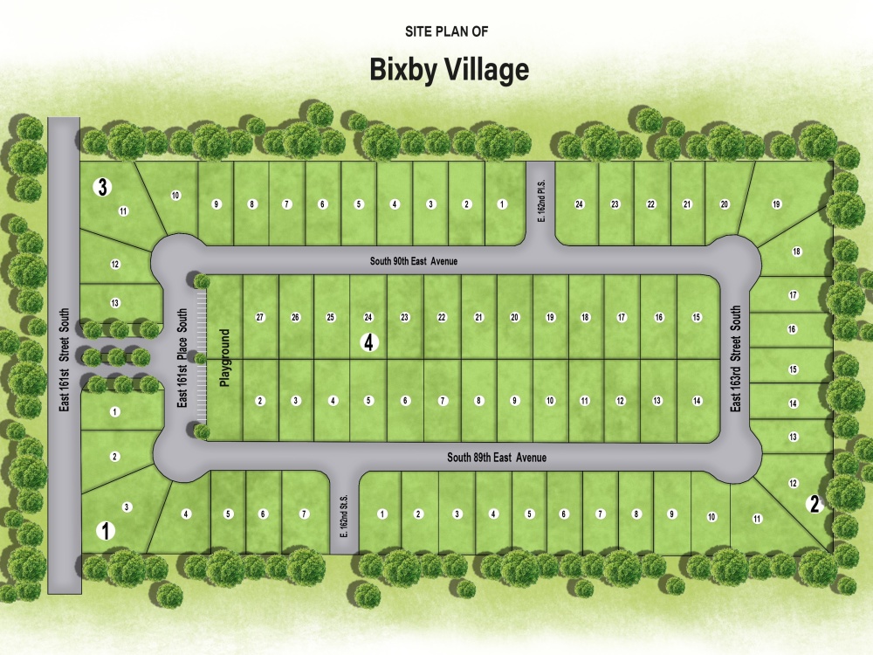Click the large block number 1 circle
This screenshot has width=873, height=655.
pyautogui.click(x=106, y=530)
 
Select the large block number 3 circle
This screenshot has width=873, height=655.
pyautogui.click(x=103, y=186)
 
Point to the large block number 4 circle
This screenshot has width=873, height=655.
pyautogui.click(x=370, y=343)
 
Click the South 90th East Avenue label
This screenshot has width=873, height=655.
pyautogui.click(x=414, y=260)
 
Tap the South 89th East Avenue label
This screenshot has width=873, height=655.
pyautogui.click(x=497, y=458)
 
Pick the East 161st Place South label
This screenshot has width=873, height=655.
pyautogui.click(x=182, y=358)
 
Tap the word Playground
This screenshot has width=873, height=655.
pyautogui.click(x=224, y=358)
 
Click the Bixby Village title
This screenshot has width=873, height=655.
pyautogui.click(x=450, y=69)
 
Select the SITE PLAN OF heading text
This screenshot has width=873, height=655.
pyautogui.click(x=446, y=31)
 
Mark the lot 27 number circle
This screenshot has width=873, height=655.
pyautogui.click(x=260, y=317)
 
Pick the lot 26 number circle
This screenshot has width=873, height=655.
pyautogui.click(x=296, y=317)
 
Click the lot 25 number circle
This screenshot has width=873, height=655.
pyautogui.click(x=332, y=317)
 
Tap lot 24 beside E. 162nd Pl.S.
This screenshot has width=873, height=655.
pyautogui.click(x=579, y=204)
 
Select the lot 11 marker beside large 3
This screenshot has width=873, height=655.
pyautogui.click(x=123, y=210)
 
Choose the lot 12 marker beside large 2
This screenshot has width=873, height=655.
pyautogui.click(x=794, y=483)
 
